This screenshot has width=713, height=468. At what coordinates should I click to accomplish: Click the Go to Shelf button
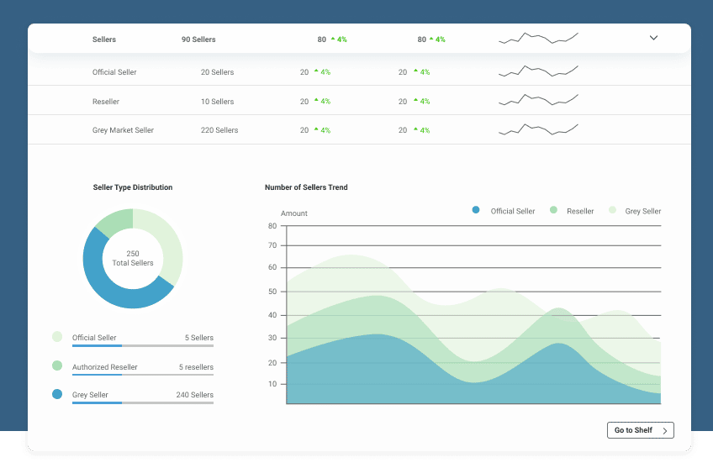click(640, 430)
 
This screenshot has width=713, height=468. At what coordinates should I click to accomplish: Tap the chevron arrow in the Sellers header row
click(653, 38)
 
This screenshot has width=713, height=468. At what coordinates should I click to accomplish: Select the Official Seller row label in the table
click(114, 72)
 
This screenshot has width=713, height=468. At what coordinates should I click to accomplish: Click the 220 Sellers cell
click(219, 130)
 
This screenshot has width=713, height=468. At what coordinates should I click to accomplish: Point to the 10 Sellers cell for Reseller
click(217, 102)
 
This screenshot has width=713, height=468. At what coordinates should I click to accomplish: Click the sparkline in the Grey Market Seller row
click(538, 129)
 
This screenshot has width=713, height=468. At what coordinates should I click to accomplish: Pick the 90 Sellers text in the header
click(198, 39)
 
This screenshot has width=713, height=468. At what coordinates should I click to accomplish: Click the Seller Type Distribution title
click(133, 187)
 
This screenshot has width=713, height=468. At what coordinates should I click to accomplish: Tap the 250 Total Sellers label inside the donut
click(133, 258)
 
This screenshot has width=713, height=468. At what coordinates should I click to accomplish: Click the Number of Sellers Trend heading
click(306, 187)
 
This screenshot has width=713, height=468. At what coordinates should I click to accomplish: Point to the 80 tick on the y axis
click(272, 226)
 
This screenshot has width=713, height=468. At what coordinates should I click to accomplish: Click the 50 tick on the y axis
click(272, 292)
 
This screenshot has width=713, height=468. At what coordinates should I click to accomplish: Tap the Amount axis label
click(294, 213)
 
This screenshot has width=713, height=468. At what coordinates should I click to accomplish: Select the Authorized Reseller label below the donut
click(104, 367)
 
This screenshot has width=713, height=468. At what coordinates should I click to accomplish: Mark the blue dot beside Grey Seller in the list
click(57, 394)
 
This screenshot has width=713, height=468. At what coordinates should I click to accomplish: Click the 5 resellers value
click(196, 367)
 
